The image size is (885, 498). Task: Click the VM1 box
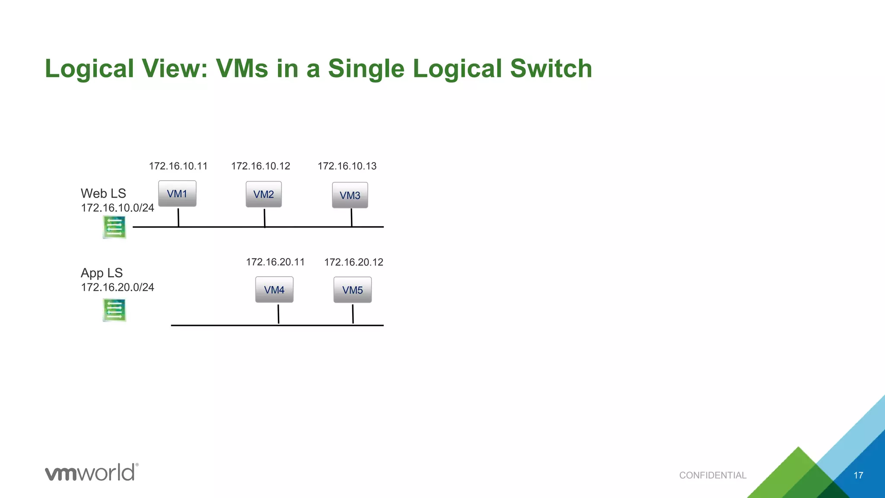[177, 194]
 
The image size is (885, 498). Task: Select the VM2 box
[264, 195]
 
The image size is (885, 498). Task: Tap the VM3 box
[350, 195]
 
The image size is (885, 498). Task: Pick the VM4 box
[274, 290]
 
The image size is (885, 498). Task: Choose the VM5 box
[353, 290]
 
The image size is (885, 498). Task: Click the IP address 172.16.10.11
[178, 166]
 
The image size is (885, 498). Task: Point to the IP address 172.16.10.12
[261, 166]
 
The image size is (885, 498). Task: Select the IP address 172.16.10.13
[347, 166]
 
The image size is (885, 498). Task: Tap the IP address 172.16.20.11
[275, 262]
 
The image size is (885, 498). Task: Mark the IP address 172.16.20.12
[353, 262]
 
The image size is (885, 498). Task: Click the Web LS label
[103, 193]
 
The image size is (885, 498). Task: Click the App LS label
[102, 273]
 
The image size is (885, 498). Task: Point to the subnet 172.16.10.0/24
[118, 208]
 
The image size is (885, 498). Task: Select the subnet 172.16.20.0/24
[118, 287]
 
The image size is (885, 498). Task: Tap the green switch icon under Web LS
[115, 227]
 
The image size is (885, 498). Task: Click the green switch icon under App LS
[115, 310]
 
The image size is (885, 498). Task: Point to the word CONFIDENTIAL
[713, 475]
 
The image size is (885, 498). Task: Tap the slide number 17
[858, 476]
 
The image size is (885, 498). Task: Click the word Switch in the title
[551, 68]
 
